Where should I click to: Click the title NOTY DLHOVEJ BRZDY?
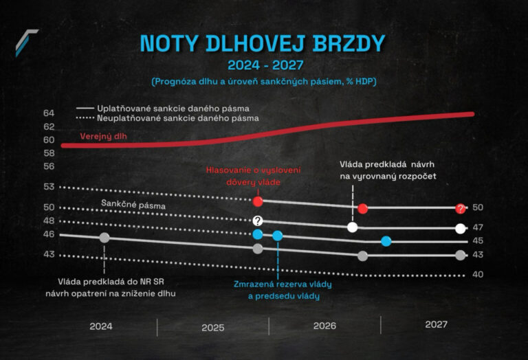(x=263, y=43)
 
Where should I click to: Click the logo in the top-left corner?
(x=27, y=42)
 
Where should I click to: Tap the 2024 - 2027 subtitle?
(x=263, y=66)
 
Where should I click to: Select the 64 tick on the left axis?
(x=48, y=113)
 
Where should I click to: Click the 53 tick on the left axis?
(x=48, y=186)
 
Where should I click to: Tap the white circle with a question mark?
(x=258, y=221)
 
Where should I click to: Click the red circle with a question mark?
(x=460, y=208)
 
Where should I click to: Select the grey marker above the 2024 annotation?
(x=104, y=238)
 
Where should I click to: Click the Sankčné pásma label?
(x=128, y=204)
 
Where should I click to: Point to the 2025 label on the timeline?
(x=213, y=327)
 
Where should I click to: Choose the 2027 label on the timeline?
(x=436, y=324)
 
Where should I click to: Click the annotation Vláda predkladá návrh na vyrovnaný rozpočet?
(x=386, y=170)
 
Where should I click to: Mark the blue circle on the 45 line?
(x=386, y=240)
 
